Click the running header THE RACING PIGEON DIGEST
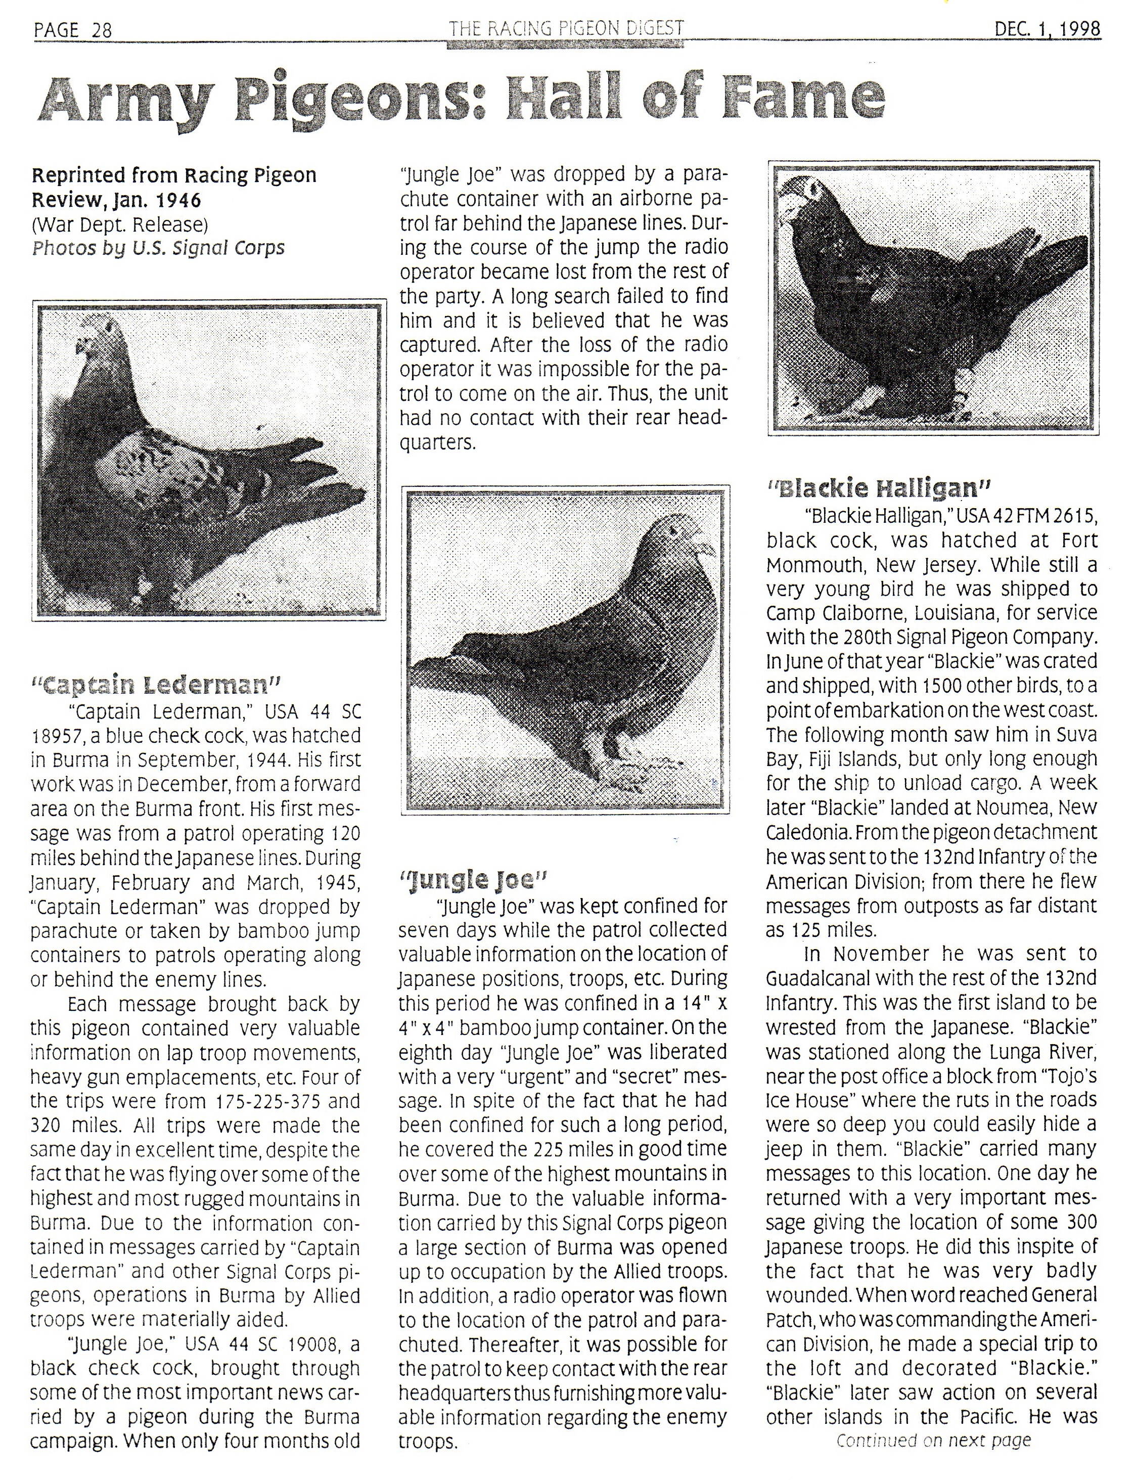(x=566, y=28)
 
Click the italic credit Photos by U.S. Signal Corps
(x=158, y=248)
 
